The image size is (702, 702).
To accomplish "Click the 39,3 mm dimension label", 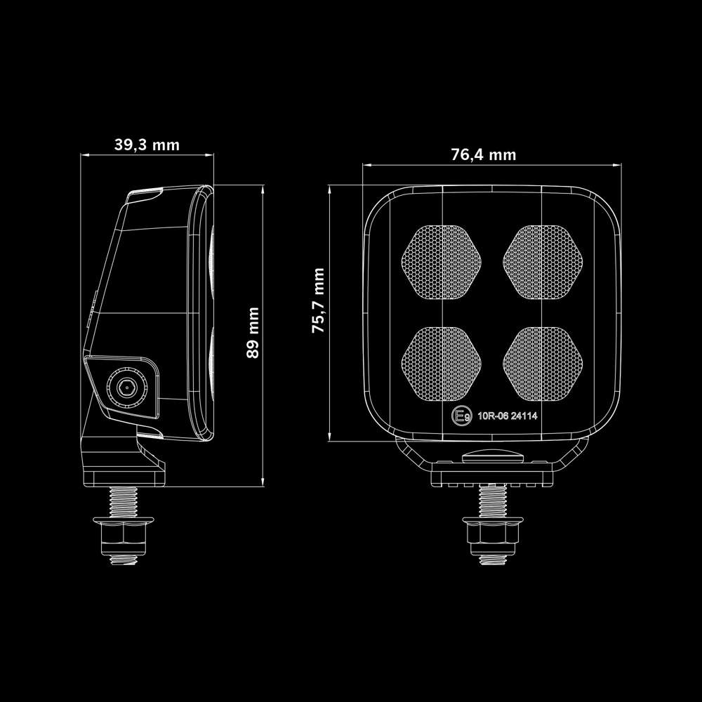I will pyautogui.click(x=147, y=145).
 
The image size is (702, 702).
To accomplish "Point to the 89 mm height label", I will pyautogui.click(x=252, y=333).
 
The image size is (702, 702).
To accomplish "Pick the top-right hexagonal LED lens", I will pyautogui.click(x=543, y=260).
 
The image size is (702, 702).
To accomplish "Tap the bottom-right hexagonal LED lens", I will pyautogui.click(x=543, y=362).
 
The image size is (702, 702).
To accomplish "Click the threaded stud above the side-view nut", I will pyautogui.click(x=124, y=501).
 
